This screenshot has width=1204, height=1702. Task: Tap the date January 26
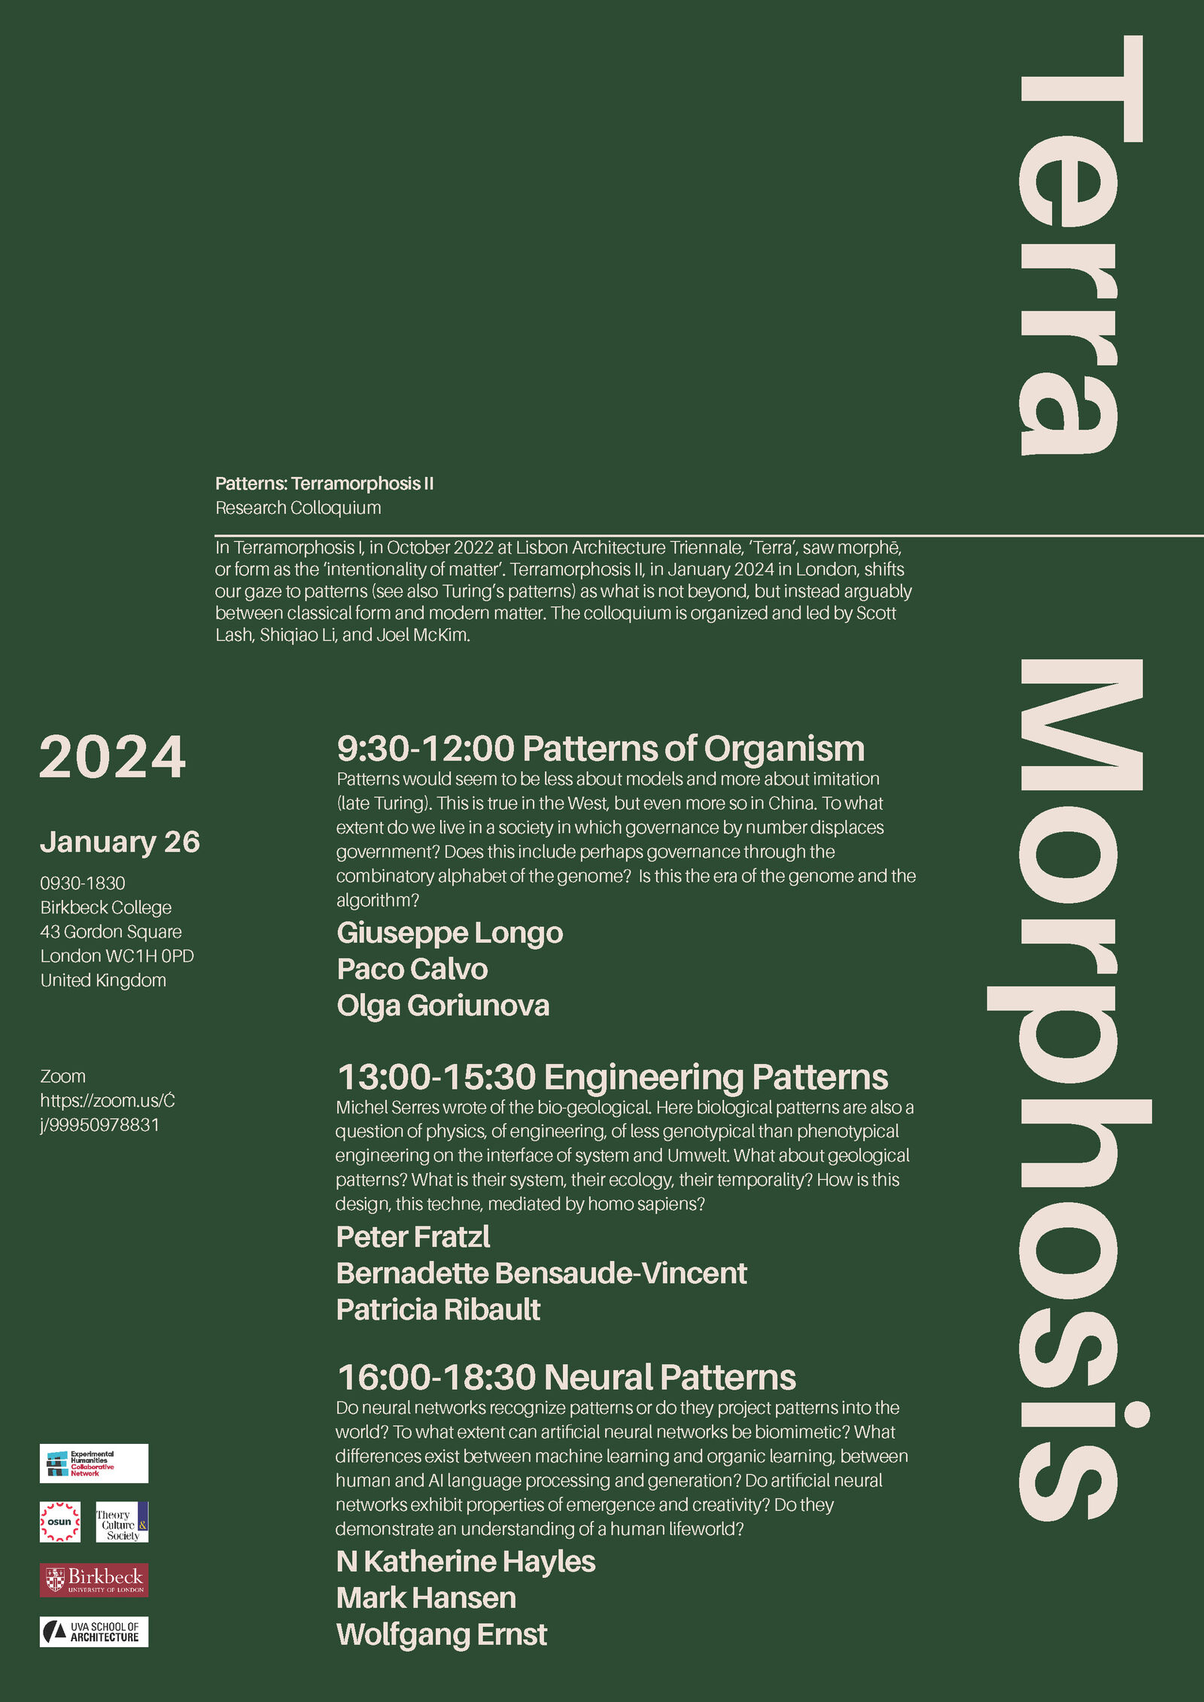(x=120, y=842)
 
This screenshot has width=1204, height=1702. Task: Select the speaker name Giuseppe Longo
(x=449, y=933)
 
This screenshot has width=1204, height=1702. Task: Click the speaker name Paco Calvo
(x=412, y=969)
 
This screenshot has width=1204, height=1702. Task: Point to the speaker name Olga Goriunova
(x=442, y=1005)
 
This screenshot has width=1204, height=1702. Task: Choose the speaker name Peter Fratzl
(x=412, y=1237)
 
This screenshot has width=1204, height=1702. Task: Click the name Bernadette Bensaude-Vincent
(x=541, y=1273)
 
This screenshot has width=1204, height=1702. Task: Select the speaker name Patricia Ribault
(x=438, y=1309)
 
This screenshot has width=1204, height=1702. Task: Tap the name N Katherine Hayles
(x=465, y=1561)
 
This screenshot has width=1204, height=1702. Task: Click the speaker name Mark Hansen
(x=426, y=1597)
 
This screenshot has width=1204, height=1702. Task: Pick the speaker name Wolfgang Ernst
(x=441, y=1634)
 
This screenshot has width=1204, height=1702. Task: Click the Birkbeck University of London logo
(x=94, y=1580)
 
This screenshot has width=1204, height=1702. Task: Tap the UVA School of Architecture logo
(x=94, y=1631)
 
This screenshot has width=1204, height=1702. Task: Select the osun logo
(x=59, y=1521)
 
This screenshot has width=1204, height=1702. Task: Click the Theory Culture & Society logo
(x=122, y=1521)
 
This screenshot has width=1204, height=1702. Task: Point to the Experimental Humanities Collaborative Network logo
(x=94, y=1463)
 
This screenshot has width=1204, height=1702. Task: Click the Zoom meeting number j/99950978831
(x=99, y=1125)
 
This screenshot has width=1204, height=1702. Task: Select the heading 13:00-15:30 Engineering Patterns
(x=612, y=1077)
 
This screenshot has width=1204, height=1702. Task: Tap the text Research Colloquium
(x=298, y=508)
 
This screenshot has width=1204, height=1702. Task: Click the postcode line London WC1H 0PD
(x=117, y=956)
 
